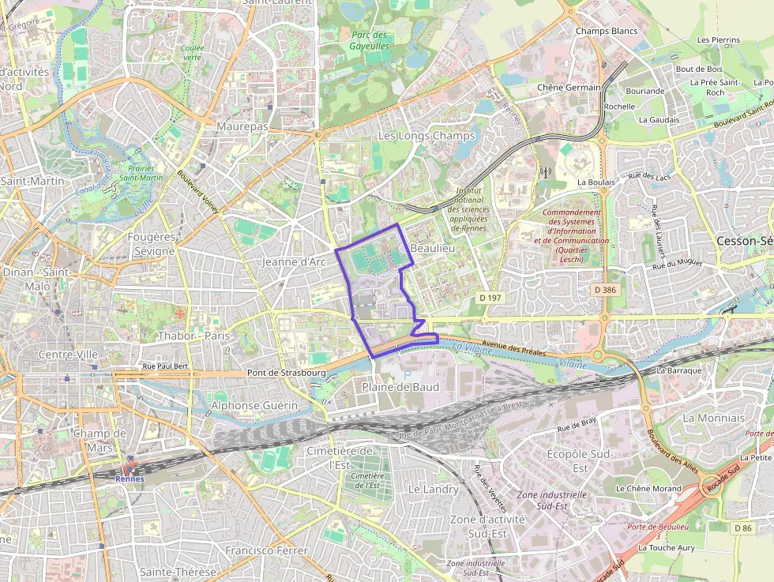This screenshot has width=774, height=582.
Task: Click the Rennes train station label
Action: (x=130, y=479)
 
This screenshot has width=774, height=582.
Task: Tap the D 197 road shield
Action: (x=490, y=298)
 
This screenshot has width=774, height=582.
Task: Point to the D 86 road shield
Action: (x=742, y=528)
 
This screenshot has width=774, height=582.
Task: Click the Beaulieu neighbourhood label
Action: (x=434, y=248)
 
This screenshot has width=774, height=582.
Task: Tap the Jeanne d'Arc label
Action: (x=294, y=261)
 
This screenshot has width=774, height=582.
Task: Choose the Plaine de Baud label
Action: (x=400, y=387)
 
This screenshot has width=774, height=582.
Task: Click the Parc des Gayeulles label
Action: (x=370, y=40)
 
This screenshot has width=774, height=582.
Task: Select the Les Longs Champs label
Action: (x=426, y=136)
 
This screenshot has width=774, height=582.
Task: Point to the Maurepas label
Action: (x=242, y=126)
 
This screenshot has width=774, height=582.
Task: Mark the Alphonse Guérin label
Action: (x=254, y=406)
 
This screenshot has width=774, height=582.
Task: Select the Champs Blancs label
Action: (x=607, y=31)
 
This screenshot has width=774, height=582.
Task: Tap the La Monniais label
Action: (x=714, y=418)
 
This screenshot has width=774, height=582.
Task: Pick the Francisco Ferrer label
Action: (x=266, y=550)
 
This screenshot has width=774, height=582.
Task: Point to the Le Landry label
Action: (x=433, y=490)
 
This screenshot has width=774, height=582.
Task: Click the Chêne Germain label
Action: (x=569, y=87)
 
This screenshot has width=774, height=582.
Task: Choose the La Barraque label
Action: (x=679, y=370)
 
